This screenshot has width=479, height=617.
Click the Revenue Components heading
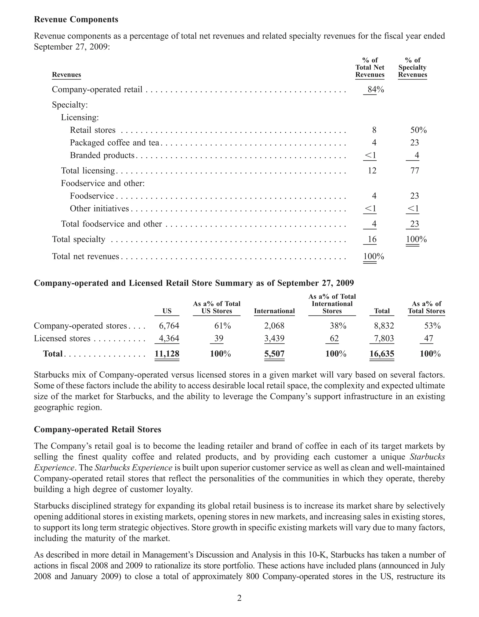(x=76, y=19)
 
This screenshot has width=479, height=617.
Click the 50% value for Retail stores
(x=418, y=130)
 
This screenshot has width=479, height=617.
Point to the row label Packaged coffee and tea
(x=114, y=143)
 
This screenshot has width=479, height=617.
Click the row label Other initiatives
(x=99, y=208)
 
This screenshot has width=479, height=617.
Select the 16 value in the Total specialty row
(x=372, y=239)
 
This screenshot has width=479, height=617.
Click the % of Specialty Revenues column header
(x=412, y=68)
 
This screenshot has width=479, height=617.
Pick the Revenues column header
(x=66, y=75)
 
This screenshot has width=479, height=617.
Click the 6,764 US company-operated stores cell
(x=169, y=326)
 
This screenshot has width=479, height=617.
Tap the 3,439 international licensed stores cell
(x=274, y=338)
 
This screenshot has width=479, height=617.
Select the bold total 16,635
(x=382, y=354)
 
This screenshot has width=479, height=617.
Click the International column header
(x=274, y=311)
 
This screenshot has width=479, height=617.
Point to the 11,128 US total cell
(x=167, y=354)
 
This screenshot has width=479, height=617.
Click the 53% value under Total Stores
(x=432, y=326)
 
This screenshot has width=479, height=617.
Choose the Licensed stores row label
(x=62, y=338)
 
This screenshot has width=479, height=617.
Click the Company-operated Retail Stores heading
(x=98, y=429)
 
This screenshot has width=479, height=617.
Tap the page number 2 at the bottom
(x=239, y=598)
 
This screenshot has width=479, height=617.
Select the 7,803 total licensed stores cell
(x=384, y=338)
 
